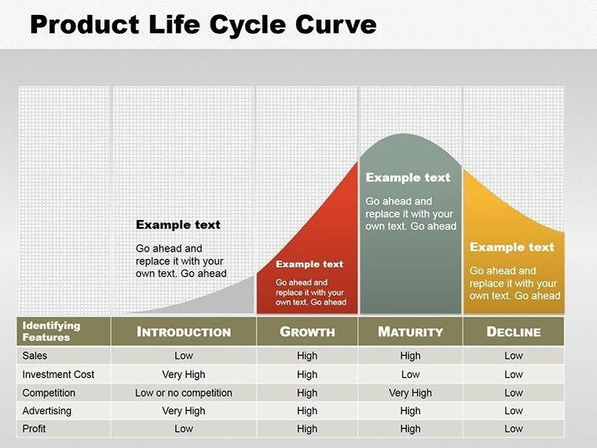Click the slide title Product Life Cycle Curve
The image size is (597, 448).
pyautogui.click(x=203, y=25)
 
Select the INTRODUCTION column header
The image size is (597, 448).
pyautogui.click(x=184, y=332)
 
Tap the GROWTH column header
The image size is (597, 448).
pyautogui.click(x=307, y=332)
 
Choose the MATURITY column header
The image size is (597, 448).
pyautogui.click(x=410, y=332)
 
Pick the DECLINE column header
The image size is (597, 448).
pyautogui.click(x=514, y=332)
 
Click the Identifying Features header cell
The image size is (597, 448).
pyautogui.click(x=51, y=332)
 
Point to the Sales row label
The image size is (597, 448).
pyautogui.click(x=35, y=356)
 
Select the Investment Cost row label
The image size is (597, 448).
pyautogui.click(x=58, y=375)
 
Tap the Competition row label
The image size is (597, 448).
pyautogui.click(x=49, y=393)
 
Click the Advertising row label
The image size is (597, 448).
pyautogui.click(x=46, y=411)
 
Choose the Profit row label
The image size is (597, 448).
pyautogui.click(x=35, y=429)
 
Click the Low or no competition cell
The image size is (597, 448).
pyautogui.click(x=184, y=393)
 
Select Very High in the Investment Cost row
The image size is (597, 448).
pyautogui.click(x=184, y=375)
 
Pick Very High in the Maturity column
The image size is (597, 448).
pyautogui.click(x=410, y=393)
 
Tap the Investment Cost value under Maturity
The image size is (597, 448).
pyautogui.click(x=410, y=375)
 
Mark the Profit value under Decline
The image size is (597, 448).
pyautogui.click(x=514, y=429)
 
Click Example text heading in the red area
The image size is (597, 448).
pyautogui.click(x=309, y=264)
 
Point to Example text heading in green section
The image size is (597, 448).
pyautogui.click(x=408, y=178)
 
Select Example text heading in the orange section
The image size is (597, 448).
pyautogui.click(x=512, y=247)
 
